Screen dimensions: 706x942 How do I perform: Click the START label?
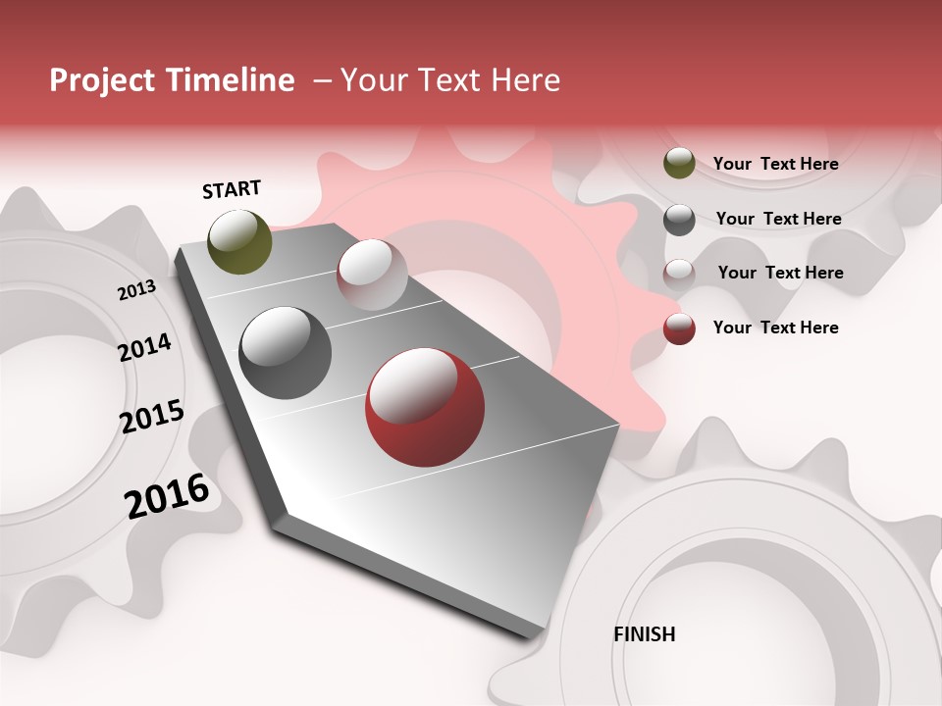click(x=232, y=189)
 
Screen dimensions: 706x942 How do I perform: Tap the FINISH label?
click(x=645, y=634)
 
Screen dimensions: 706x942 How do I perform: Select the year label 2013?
click(x=136, y=290)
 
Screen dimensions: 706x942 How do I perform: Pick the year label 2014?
click(x=144, y=347)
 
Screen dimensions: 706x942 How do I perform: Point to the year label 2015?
click(x=152, y=417)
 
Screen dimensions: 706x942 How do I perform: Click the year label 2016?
click(x=167, y=495)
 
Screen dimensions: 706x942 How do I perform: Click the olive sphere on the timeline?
click(x=240, y=241)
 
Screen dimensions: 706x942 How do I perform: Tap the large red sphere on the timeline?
click(x=425, y=407)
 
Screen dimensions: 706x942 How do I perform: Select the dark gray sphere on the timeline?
click(x=286, y=353)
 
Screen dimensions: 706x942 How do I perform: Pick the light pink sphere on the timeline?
click(x=372, y=275)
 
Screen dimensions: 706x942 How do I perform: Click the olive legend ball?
click(x=679, y=164)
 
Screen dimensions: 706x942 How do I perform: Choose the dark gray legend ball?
click(x=679, y=220)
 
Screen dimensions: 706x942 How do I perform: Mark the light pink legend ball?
click(x=679, y=274)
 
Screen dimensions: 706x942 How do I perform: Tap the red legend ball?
click(x=679, y=328)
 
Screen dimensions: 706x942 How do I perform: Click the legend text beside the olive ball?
click(x=775, y=164)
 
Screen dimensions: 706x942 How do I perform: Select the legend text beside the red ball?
click(x=775, y=328)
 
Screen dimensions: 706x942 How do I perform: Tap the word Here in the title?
click(x=525, y=80)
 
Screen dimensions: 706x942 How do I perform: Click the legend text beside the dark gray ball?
click(x=778, y=219)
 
